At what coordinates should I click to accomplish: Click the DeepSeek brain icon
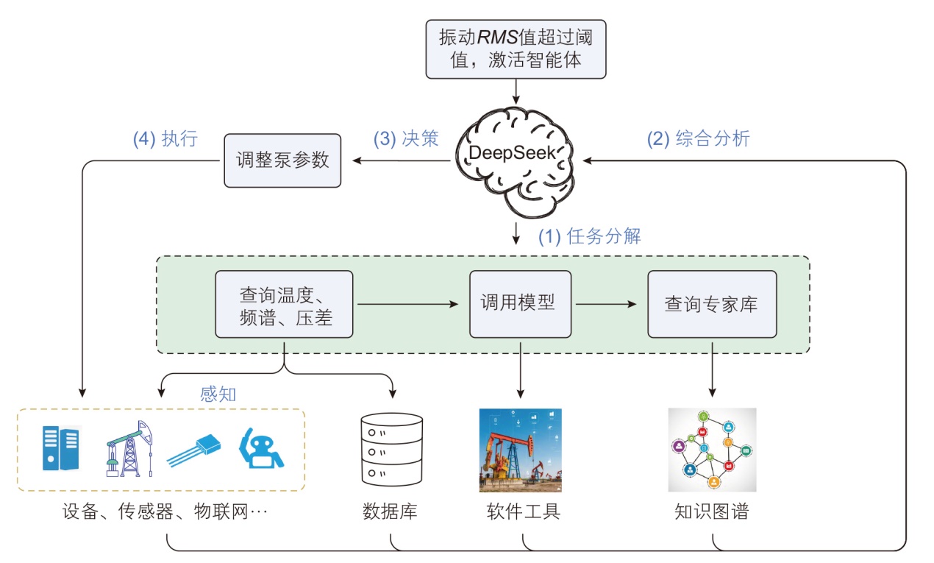[x=516, y=155]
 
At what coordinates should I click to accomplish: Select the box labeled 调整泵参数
[x=282, y=160]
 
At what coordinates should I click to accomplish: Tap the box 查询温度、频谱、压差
[x=284, y=304]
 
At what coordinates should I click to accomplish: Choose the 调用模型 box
[x=521, y=302]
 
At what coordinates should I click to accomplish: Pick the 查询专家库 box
[x=711, y=304]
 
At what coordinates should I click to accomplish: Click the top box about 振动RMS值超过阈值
[x=516, y=48]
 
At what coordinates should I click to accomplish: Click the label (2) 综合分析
[x=698, y=138]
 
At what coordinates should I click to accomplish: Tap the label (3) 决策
[x=406, y=139]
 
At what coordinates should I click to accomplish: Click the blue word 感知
[x=218, y=394]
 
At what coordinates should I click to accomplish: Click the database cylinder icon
[x=392, y=450]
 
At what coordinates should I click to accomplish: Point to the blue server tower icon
[x=60, y=448]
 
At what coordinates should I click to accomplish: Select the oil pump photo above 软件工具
[x=520, y=450]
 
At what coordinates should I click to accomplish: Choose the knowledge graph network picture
[x=712, y=450]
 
